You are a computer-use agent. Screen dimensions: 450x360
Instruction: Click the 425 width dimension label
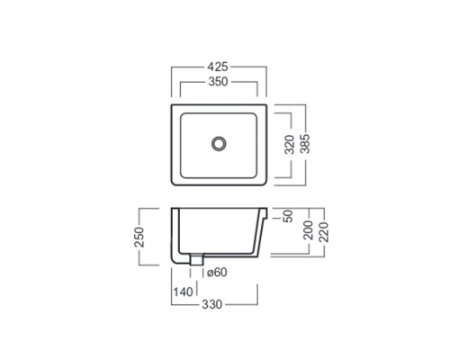click(x=218, y=67)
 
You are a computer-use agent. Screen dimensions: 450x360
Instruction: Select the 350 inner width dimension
click(x=218, y=82)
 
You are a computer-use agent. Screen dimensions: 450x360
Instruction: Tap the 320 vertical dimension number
click(x=290, y=145)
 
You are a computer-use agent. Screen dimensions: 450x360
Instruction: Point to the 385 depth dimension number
click(x=305, y=144)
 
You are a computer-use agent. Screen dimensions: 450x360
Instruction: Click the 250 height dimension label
click(x=139, y=237)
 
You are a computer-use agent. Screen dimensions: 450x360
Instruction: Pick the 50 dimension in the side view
click(x=287, y=216)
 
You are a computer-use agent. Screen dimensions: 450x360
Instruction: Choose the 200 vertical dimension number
click(x=309, y=230)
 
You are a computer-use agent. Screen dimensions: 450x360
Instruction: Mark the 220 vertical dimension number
click(x=324, y=232)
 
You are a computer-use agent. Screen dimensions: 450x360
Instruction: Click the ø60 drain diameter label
click(x=217, y=273)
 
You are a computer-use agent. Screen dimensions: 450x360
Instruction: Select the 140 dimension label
click(x=184, y=292)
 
